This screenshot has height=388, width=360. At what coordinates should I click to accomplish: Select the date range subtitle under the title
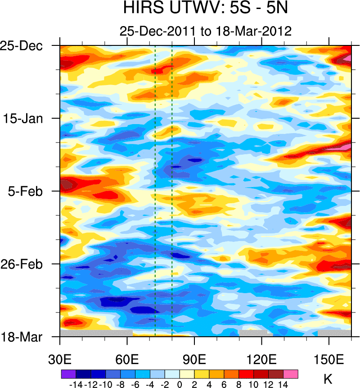tap(205, 31)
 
